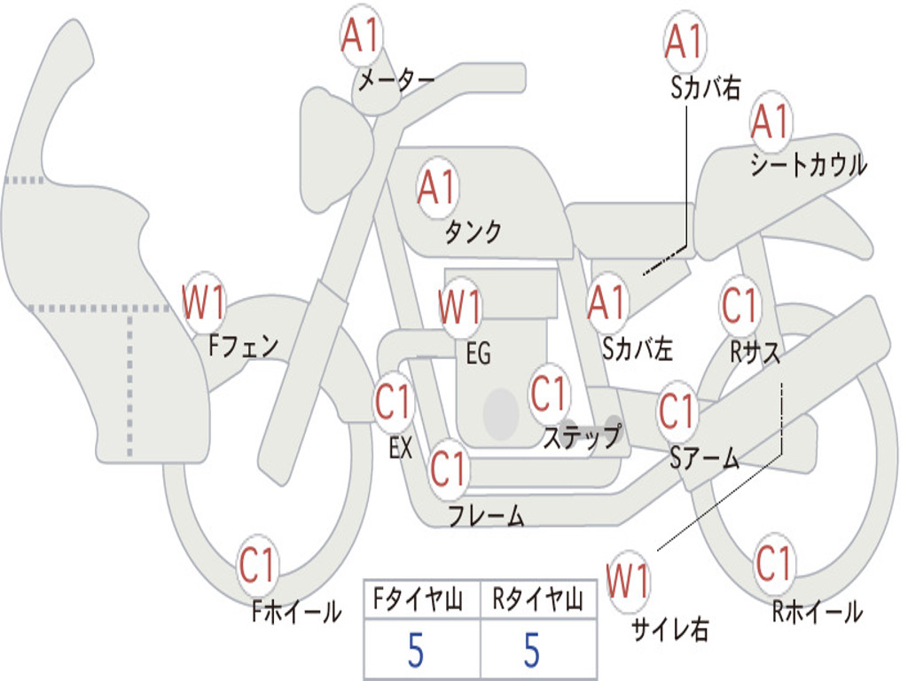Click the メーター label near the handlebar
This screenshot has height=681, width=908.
(x=396, y=80)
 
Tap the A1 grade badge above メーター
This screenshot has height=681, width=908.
(x=361, y=35)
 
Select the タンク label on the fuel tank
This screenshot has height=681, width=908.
(x=473, y=231)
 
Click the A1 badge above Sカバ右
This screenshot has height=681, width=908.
(x=685, y=42)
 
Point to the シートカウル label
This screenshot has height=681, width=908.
(x=809, y=164)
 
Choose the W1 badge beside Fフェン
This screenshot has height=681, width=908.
(x=203, y=302)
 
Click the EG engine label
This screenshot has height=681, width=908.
(x=478, y=353)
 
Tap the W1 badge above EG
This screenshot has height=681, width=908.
(x=460, y=306)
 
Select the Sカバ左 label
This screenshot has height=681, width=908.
(x=637, y=348)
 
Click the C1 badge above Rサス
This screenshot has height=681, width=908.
(x=740, y=305)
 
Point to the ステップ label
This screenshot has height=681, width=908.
(x=582, y=436)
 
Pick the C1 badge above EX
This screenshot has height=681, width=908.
(x=394, y=402)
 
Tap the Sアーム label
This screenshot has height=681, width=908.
(x=704, y=458)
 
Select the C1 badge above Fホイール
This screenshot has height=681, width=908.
(x=257, y=565)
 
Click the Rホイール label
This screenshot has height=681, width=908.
(x=818, y=612)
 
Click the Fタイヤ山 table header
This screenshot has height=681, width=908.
(x=418, y=599)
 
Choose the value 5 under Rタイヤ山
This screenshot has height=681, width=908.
(x=532, y=650)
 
